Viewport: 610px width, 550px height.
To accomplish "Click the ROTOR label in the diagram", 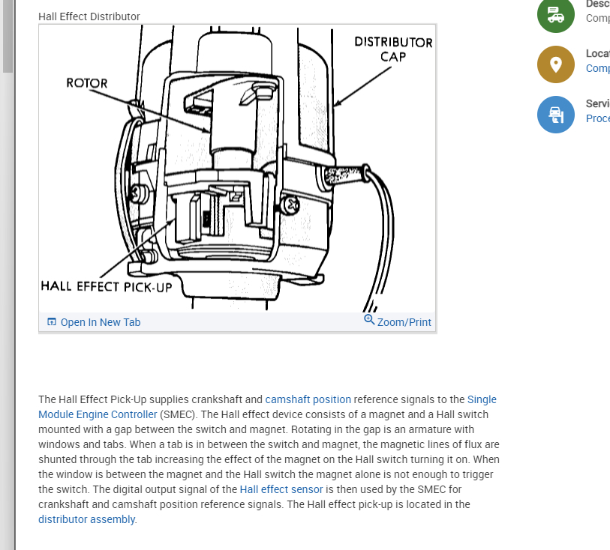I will [x=87, y=83].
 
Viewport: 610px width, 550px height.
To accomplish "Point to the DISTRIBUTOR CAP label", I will [x=393, y=49].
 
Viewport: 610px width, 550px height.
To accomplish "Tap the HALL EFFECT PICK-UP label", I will [x=107, y=285].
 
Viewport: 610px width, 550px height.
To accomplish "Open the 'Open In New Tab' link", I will [x=100, y=322].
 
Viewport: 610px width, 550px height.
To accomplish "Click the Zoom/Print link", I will [x=404, y=322].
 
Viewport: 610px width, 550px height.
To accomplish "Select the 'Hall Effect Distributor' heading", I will [x=89, y=16].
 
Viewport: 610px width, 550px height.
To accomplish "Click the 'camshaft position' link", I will [x=308, y=399].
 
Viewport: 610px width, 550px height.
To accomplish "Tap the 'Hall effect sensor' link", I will [x=281, y=489].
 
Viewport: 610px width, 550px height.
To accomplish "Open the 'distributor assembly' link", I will [x=87, y=519].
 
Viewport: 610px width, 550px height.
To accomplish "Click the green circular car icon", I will [x=556, y=15].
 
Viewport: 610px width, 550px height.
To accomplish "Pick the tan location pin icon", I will [x=556, y=64].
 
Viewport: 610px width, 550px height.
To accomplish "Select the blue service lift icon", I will [x=556, y=115].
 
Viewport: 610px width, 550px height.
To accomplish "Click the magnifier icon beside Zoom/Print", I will [x=369, y=320].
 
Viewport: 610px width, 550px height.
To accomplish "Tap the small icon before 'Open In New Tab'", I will [x=52, y=322].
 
